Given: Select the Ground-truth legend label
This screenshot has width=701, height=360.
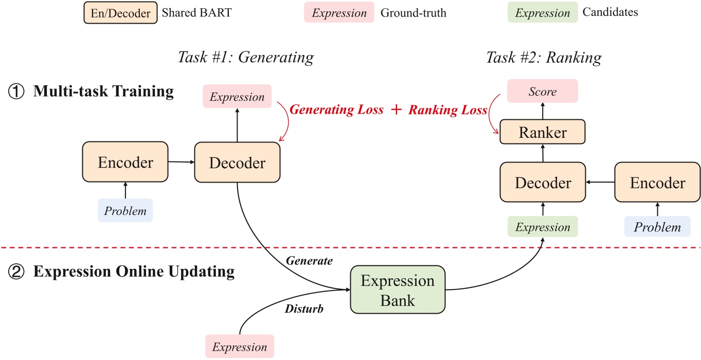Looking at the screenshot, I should pos(413,13).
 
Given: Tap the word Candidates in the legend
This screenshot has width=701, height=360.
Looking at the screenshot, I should pos(610,13).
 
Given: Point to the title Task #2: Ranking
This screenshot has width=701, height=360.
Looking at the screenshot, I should pos(544,58).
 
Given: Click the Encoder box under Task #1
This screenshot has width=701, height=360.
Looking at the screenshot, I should pos(125,163).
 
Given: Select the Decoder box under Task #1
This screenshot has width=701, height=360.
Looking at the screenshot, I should pos(237,163).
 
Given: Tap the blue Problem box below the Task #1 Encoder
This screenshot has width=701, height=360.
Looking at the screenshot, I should pos(125,210).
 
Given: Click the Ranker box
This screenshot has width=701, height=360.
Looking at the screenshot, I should pos(543,133).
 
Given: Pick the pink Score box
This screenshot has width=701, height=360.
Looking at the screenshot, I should pos(543,91).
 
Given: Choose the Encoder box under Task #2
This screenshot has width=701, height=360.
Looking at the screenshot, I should pos(657,183).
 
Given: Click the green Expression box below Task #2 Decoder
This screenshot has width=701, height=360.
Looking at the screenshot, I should pos(543,227).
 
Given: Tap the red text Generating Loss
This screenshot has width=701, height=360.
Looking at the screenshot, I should pos(337,110).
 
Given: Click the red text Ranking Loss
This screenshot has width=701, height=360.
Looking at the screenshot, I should pos(447,110).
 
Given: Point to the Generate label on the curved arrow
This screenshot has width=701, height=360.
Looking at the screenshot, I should pos(309,261).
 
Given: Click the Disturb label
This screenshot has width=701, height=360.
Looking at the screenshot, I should pos(304,310).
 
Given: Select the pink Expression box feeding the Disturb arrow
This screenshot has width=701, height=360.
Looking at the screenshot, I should pos(239,346).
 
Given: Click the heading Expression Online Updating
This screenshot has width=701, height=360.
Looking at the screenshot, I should pos(134,271).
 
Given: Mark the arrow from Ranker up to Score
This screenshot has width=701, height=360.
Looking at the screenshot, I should pos(543,111).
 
